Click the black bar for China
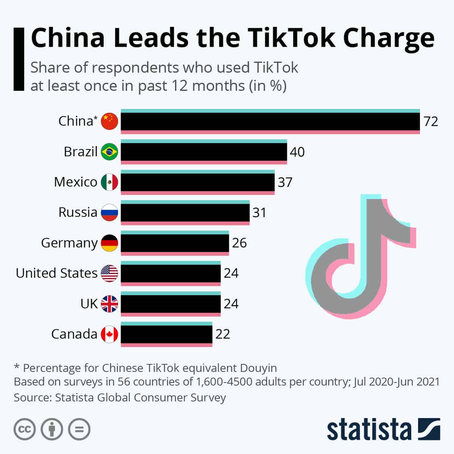pos(270,121)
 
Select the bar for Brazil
pos(204,152)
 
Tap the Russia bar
pos(185,212)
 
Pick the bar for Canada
pos(166,334)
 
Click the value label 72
pos(431,121)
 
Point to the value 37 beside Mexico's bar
pos(285,182)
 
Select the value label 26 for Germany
pos(239,243)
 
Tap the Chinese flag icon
pos(109,121)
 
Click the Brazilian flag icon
pos(109,152)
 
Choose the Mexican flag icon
pos(109,182)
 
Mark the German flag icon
pos(109,243)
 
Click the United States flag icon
pos(109,273)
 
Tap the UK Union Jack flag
pos(109,304)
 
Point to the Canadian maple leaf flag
pos(109,334)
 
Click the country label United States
pos(57,273)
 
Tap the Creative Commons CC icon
pos(25,429)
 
